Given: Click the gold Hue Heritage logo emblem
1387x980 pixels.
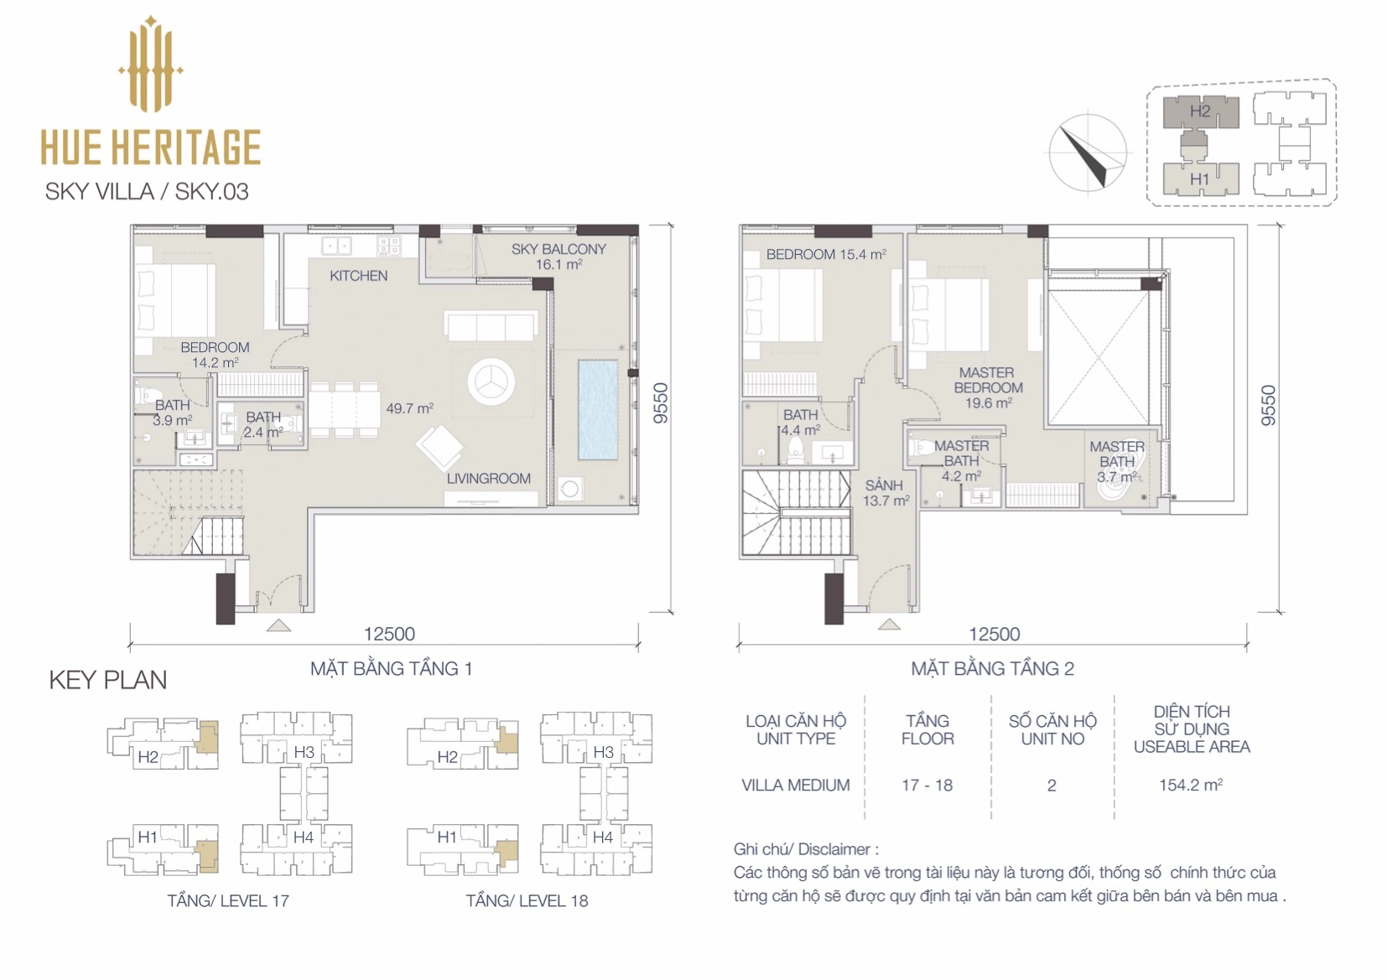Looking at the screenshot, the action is tap(150, 65).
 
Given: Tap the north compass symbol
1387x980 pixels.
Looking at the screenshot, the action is tap(1088, 153).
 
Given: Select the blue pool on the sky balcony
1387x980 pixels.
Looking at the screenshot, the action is tap(598, 409).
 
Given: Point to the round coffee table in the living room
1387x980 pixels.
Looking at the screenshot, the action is tap(491, 382).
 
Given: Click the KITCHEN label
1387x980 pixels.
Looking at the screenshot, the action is tap(359, 276).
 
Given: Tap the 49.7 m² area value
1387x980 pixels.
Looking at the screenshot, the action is tap(410, 408).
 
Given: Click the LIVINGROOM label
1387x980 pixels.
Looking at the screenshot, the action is tap(489, 479).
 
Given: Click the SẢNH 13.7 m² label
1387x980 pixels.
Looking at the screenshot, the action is tap(886, 493).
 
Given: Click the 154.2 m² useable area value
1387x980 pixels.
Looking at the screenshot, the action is tap(1191, 785).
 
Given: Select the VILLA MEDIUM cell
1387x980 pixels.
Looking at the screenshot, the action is tap(796, 785).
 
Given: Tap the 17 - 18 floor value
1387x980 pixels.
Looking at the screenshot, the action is tap(927, 785).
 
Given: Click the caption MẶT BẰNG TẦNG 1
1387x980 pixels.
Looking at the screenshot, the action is tap(392, 669).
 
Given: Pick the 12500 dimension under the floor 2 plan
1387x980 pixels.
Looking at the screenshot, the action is tap(994, 634).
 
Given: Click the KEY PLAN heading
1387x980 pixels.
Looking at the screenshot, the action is tap(107, 681).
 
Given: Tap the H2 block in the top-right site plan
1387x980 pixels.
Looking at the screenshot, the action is tap(1200, 111).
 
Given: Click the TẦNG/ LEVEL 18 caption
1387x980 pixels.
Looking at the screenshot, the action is tap(527, 900).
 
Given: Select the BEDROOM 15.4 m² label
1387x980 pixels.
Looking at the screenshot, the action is tap(826, 255).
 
